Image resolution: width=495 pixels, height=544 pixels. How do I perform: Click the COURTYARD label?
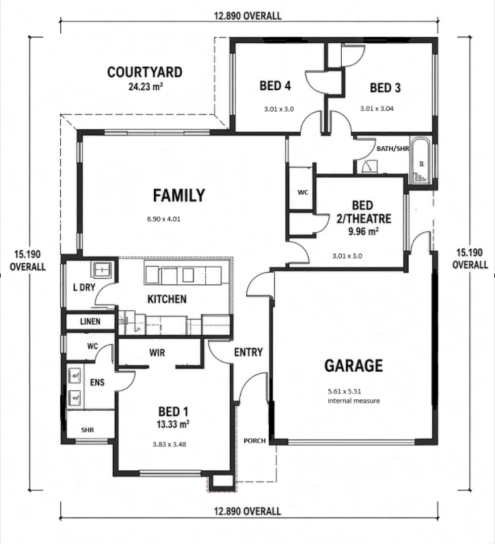coord(145,72)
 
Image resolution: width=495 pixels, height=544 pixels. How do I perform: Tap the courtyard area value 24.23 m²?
coord(146,86)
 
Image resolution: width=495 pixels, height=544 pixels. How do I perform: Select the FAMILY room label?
coord(179,195)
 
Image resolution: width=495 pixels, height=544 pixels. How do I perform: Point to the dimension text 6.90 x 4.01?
coord(163,219)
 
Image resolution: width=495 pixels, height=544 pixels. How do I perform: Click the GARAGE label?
coord(353,366)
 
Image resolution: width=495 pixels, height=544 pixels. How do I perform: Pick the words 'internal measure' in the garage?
coord(353,400)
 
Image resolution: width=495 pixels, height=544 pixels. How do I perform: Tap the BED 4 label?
coord(276,85)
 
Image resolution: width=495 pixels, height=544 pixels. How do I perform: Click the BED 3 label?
coord(386,87)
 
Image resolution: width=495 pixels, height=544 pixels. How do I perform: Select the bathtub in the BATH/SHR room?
coord(421,161)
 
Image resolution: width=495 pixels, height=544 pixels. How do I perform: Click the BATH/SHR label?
coord(393,148)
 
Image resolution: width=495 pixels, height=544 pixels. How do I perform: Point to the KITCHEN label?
coord(167,299)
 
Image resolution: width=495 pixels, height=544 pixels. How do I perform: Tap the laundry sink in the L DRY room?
coord(102,269)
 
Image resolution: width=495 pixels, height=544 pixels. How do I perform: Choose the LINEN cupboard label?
coord(90,322)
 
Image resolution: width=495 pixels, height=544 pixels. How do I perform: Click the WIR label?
coord(157,353)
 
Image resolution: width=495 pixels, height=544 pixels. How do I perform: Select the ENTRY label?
coord(248,353)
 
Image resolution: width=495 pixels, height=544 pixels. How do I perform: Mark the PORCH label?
coord(254,441)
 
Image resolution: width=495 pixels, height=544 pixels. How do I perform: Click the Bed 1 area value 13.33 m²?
coord(173,424)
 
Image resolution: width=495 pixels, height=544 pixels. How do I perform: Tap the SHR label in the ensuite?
coord(88,430)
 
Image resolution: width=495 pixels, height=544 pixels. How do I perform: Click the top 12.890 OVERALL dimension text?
coord(247,16)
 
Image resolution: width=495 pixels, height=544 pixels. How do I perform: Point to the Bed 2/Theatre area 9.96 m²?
coord(364,231)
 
